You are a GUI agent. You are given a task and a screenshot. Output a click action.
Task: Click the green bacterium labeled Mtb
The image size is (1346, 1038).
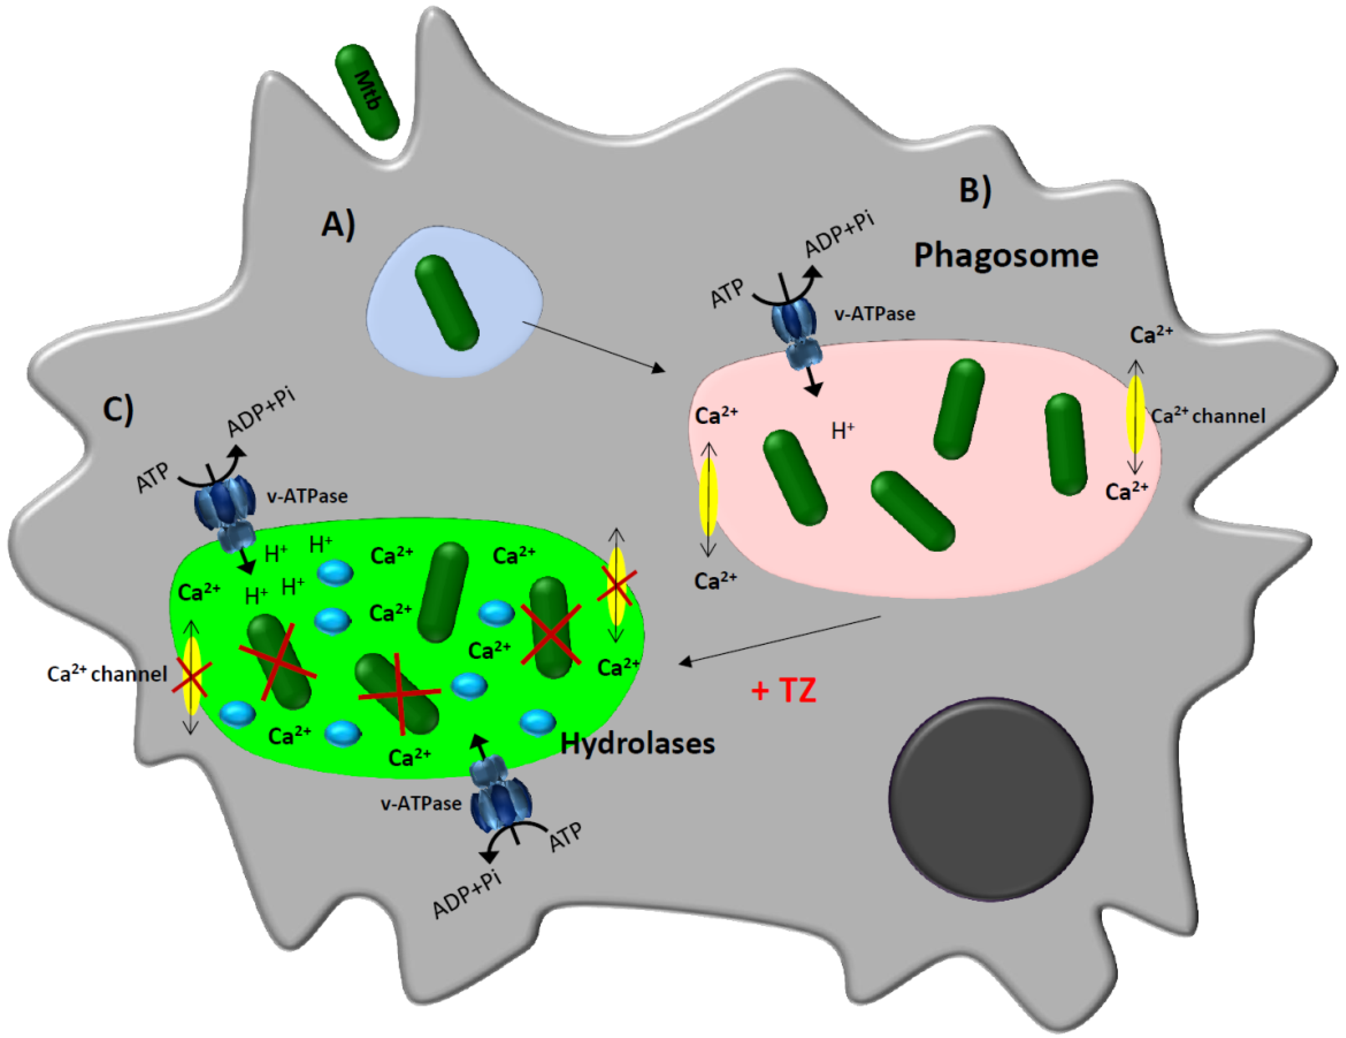[367, 91]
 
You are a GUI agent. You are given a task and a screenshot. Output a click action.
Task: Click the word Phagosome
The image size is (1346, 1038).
[1006, 255]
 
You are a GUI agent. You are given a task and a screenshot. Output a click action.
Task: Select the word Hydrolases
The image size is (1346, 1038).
[637, 743]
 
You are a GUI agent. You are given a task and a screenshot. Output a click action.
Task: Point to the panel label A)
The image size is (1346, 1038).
[338, 224]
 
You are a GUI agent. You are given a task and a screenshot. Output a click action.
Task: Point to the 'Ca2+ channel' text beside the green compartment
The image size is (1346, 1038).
[107, 674]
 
